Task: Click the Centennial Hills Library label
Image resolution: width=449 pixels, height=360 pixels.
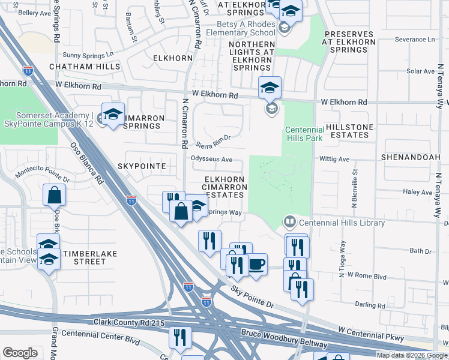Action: [x=342, y=223]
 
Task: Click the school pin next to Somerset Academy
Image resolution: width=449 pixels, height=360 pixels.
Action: [x=112, y=115]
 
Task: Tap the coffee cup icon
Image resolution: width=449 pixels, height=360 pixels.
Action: [x=256, y=264]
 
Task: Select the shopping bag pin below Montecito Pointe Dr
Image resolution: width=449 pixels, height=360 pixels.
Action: [x=54, y=196]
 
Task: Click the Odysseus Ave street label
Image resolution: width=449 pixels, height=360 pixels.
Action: [x=211, y=159]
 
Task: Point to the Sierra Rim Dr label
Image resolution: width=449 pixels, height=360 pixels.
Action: [x=213, y=141]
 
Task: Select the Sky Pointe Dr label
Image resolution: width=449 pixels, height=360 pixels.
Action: [x=253, y=297]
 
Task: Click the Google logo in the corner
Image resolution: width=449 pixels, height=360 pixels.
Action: [x=20, y=353]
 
